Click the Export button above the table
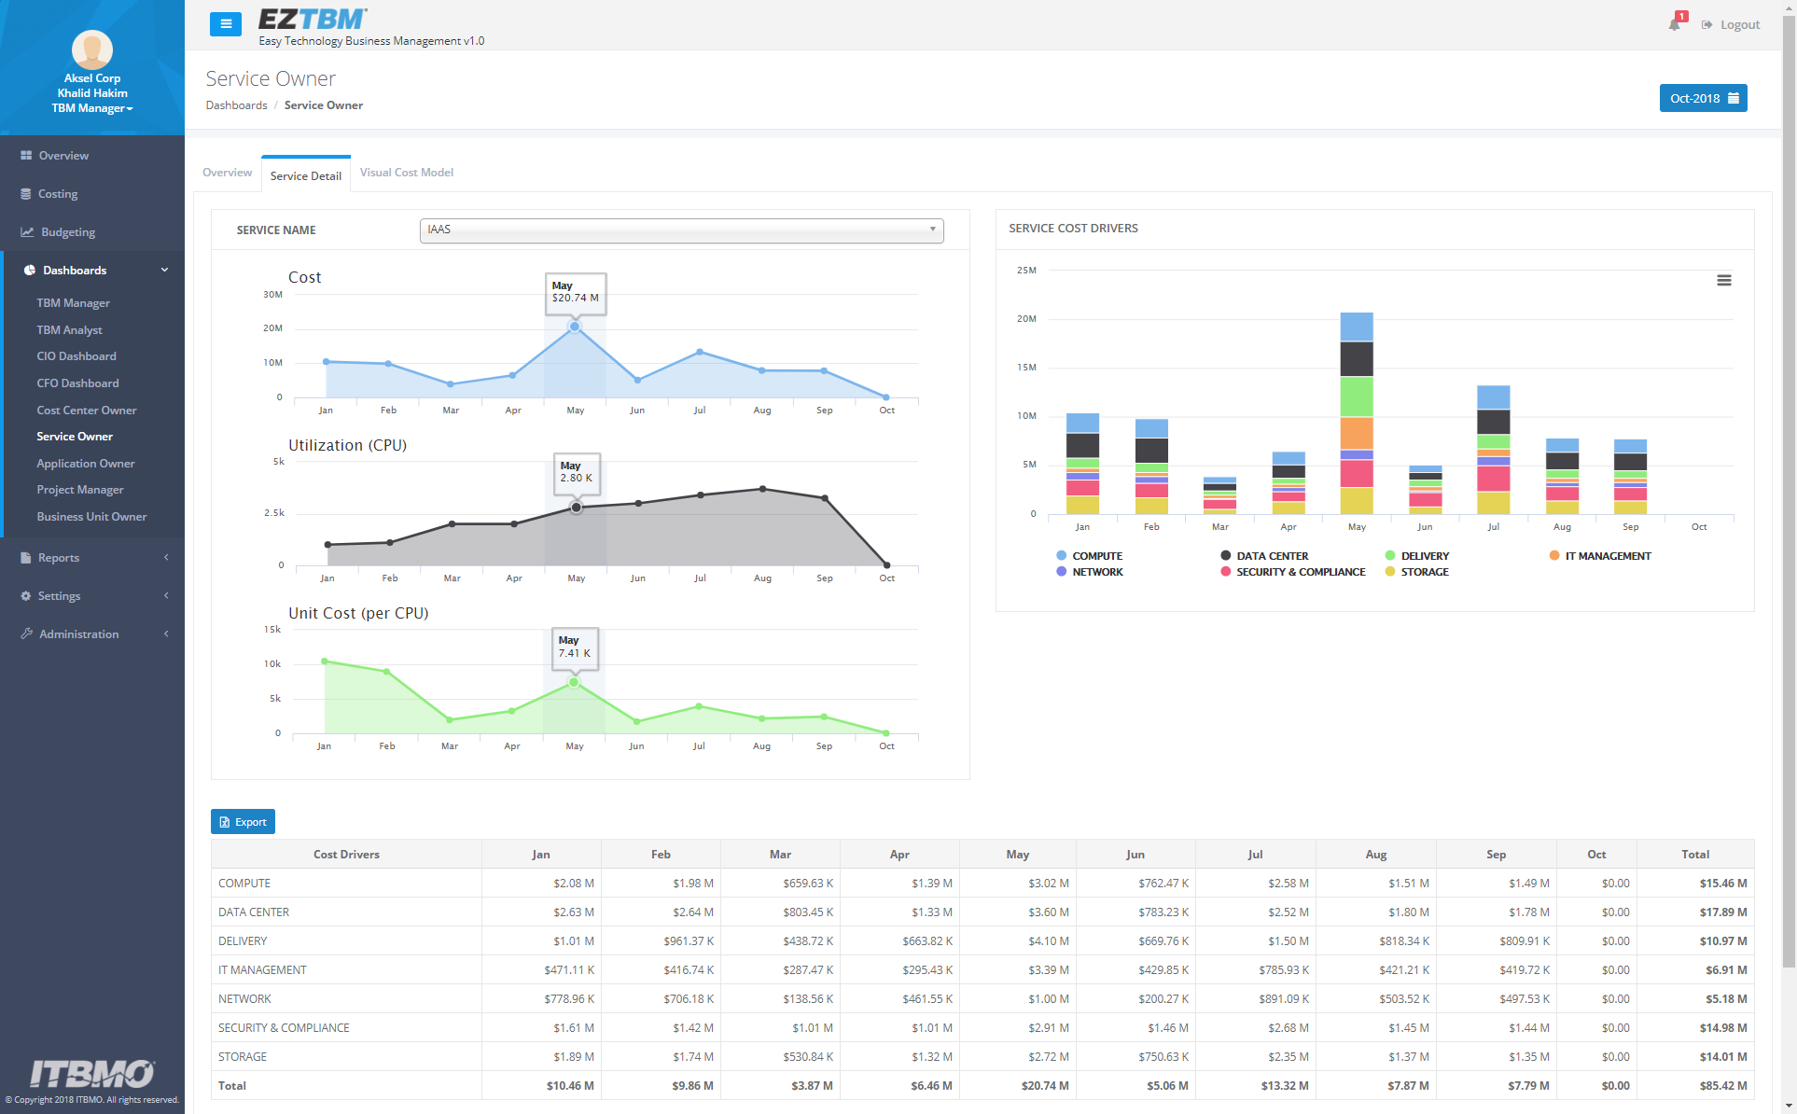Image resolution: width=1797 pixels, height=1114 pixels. (243, 822)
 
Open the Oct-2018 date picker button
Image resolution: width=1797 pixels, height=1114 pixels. (1703, 98)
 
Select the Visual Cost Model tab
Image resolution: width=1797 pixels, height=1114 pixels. (407, 173)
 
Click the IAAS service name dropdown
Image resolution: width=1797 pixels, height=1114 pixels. (681, 230)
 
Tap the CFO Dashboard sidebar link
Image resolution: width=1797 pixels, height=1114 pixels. (77, 383)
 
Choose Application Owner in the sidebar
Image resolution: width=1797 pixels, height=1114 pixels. (86, 464)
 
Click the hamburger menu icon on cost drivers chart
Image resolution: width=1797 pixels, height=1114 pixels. (1724, 280)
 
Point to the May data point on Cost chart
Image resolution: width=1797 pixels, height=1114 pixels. (575, 327)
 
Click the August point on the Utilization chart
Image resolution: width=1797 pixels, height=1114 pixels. (763, 489)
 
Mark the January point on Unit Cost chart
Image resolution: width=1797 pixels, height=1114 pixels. (325, 661)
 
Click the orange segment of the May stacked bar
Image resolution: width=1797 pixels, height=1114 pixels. (1357, 434)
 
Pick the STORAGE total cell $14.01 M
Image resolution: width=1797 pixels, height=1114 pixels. (1723, 1057)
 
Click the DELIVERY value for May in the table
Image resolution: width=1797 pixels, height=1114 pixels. (1049, 941)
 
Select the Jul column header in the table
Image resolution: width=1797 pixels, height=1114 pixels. (1255, 855)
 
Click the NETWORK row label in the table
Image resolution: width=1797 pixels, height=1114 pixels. (244, 999)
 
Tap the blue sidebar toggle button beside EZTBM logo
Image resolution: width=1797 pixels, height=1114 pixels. (226, 24)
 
